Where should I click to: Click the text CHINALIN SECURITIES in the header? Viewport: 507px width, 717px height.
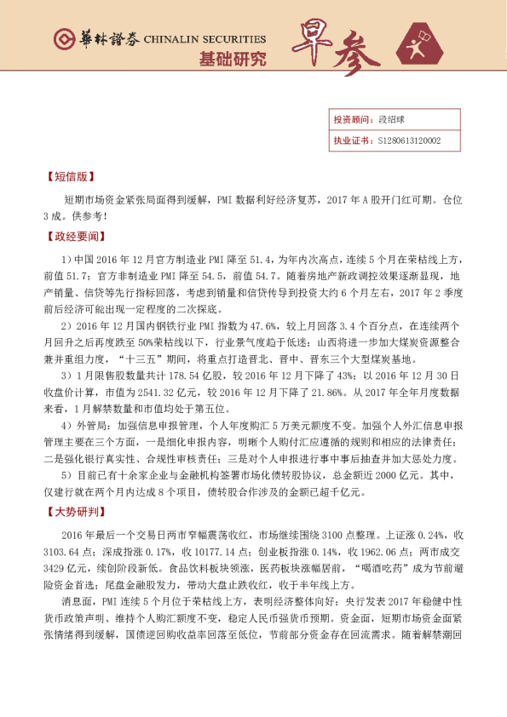(x=205, y=39)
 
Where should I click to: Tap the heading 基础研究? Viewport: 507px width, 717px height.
(x=232, y=60)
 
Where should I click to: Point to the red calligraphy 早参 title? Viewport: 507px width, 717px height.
(x=337, y=48)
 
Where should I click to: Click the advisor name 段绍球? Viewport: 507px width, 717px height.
(x=390, y=121)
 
